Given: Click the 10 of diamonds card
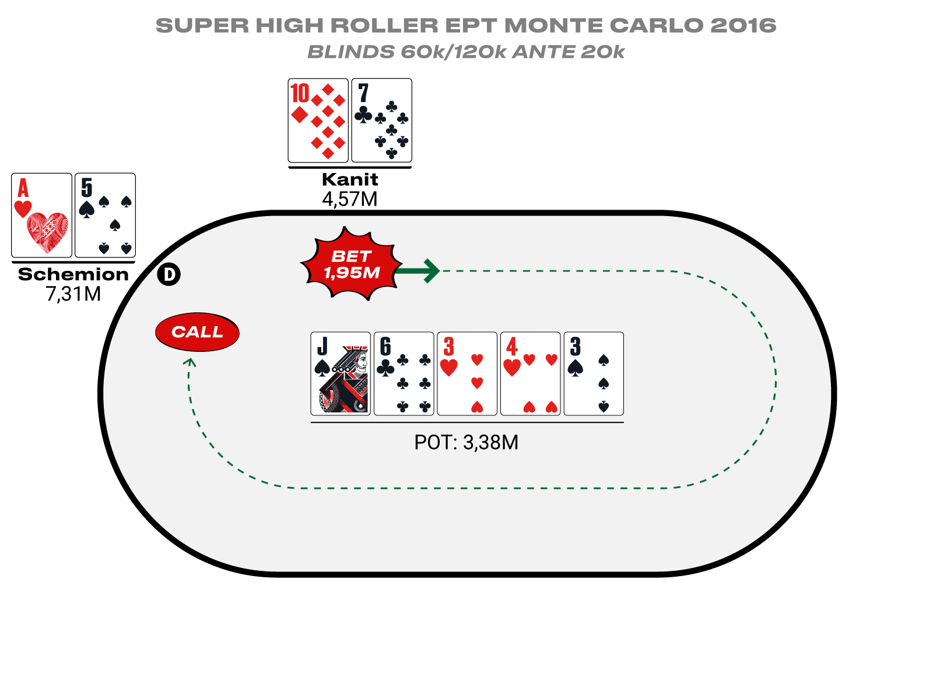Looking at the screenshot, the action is tap(318, 121).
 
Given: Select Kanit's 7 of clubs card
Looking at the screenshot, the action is tap(382, 121).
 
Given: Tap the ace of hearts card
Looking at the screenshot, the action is tap(41, 215).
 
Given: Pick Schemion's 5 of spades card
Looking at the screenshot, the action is tap(106, 215).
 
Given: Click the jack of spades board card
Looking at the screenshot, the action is tap(341, 373).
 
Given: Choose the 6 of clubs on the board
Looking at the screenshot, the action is tap(404, 373).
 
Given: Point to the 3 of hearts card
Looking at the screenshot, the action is tap(467, 373).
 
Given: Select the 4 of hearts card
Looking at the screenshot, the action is tap(531, 373).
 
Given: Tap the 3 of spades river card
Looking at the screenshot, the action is tap(594, 373).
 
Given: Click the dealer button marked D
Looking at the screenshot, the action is tap(169, 274).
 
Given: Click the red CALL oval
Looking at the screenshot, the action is tap(197, 332).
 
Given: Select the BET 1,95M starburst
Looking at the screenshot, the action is tap(351, 264).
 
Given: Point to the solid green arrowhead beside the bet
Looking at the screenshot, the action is tap(430, 271).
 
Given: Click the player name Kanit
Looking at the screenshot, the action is tap(350, 179).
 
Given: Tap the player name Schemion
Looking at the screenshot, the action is tap(73, 274).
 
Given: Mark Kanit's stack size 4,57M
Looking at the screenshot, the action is tap(350, 199).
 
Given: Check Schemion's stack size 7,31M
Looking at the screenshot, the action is tap(73, 294).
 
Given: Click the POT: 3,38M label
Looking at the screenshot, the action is tap(466, 442).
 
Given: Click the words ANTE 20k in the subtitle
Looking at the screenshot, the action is tap(569, 52).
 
